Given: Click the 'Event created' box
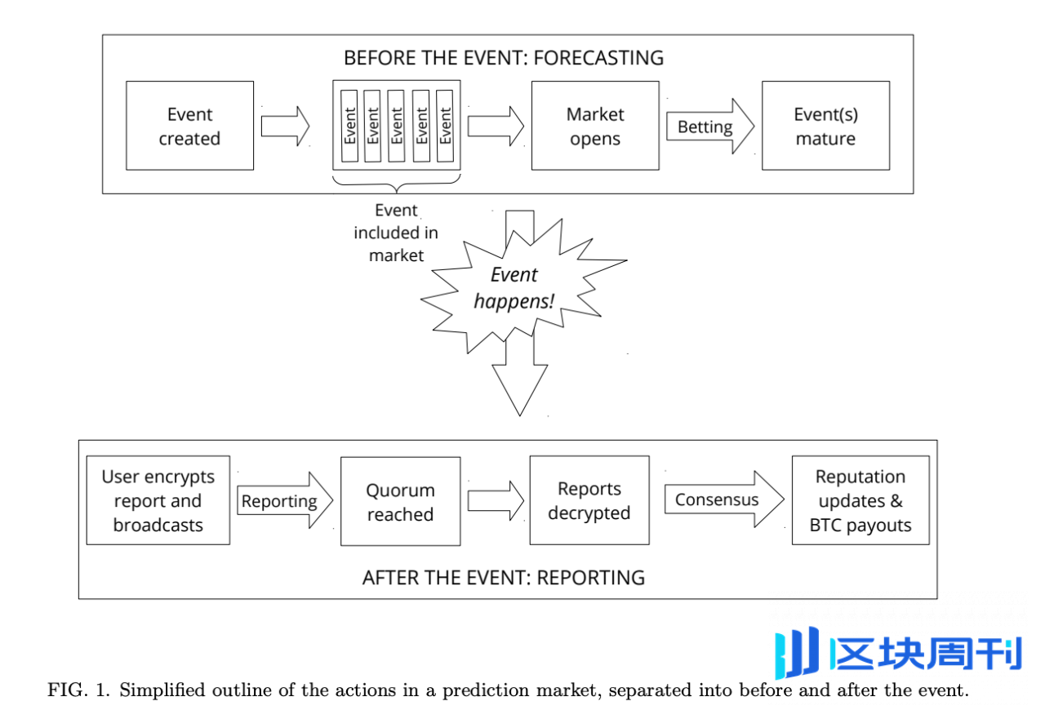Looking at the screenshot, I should coord(189,126).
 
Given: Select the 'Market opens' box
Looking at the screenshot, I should coord(595,126).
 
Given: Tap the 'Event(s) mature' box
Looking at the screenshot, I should coord(825,126).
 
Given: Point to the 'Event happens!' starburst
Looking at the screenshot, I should coord(514,288).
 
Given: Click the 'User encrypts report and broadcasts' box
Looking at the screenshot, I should coord(158,500).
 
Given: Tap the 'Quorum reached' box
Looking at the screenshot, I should coord(400,502).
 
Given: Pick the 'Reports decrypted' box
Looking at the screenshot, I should coord(589,500).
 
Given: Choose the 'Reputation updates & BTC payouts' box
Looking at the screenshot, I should coord(860,500).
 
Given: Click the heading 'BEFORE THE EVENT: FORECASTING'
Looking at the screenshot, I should coord(504,58).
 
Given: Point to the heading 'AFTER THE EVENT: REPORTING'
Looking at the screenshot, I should coord(504,578).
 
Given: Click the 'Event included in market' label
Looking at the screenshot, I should coord(396,233).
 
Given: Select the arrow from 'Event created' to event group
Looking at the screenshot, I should coord(285,126).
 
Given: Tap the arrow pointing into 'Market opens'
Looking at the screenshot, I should coord(496,126).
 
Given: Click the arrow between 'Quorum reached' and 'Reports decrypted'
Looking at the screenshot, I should coord(496,500).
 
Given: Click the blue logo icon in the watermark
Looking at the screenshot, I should coord(797,653).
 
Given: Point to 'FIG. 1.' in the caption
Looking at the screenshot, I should coord(80,690).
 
